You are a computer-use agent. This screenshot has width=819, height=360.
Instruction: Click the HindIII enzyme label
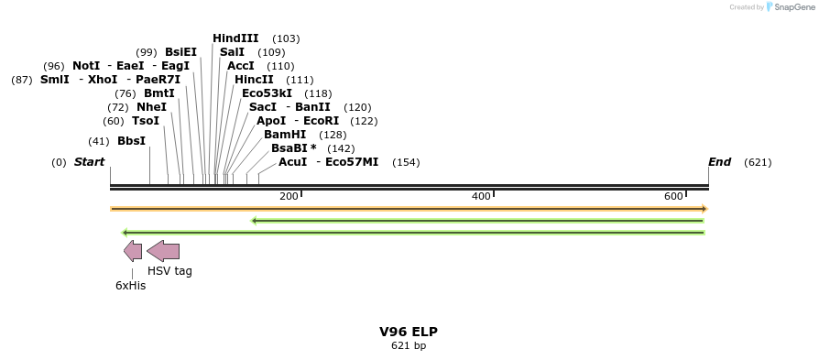(235, 38)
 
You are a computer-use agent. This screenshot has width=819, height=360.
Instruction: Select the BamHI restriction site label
(285, 135)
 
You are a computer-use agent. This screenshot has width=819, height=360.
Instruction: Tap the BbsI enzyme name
(131, 141)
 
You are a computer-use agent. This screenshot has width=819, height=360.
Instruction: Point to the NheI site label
(151, 107)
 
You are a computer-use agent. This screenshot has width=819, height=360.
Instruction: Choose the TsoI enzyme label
(145, 121)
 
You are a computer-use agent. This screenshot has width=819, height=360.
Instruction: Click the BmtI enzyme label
(158, 93)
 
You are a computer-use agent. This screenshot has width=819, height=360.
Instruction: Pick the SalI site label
(232, 52)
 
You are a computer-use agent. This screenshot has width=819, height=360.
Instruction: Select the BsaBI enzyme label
(289, 148)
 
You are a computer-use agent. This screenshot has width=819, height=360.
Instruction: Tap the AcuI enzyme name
(292, 162)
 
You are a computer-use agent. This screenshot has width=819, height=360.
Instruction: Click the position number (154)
(405, 163)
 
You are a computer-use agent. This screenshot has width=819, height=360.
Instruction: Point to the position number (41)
(98, 141)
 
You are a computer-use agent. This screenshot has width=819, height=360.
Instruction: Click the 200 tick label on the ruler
(289, 196)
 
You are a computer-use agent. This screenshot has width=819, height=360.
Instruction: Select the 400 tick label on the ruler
(481, 196)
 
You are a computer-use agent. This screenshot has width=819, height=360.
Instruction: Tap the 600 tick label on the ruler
(673, 196)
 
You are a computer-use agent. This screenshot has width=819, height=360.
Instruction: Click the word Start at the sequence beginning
(89, 162)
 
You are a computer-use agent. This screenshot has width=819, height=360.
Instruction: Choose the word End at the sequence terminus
(719, 162)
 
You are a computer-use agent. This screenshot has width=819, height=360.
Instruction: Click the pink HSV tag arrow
(163, 251)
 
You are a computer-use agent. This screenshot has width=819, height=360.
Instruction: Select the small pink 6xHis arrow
(133, 251)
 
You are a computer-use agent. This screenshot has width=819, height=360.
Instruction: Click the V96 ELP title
(409, 332)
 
